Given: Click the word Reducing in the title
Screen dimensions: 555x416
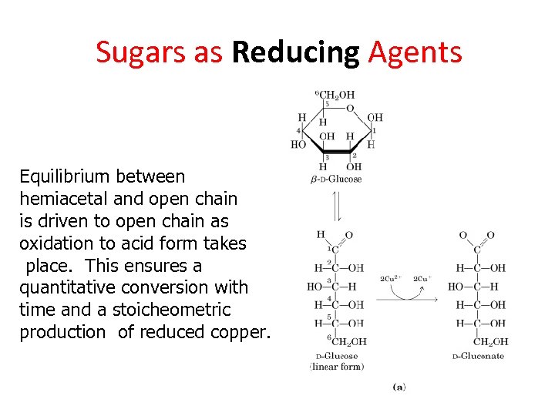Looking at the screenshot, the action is tap(295, 52).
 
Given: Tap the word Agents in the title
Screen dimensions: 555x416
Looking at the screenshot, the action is tap(415, 52).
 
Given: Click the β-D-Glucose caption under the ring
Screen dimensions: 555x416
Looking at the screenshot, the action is tap(336, 179).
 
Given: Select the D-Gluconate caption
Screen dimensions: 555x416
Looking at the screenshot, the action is tap(478, 356).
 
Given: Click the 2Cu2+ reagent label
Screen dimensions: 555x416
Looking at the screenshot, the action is tap(391, 278).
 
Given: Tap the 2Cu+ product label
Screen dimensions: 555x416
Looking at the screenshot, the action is tap(422, 278).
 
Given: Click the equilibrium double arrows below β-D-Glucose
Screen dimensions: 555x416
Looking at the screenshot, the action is tap(335, 206).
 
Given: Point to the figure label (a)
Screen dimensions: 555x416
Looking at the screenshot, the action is tap(399, 387).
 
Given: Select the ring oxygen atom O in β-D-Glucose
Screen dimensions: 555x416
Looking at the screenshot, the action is tap(350, 109).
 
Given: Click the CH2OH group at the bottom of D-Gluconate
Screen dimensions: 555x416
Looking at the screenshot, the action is tap(490, 341).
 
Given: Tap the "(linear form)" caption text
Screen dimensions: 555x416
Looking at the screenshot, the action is tap(337, 367).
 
